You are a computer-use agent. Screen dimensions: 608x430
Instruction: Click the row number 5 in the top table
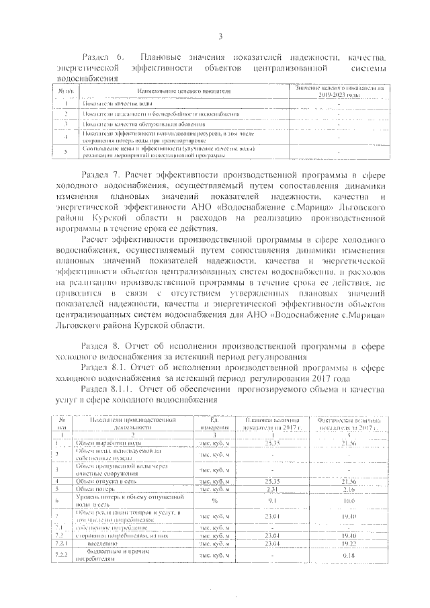[x=67, y=152]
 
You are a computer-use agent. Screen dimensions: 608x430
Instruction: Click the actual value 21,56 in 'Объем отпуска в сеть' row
[x=349, y=481]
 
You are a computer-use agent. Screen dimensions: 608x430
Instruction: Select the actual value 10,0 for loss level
[x=349, y=501]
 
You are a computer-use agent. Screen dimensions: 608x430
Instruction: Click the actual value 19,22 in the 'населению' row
[x=349, y=545]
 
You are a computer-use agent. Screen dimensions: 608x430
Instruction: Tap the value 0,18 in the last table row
[x=349, y=556]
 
